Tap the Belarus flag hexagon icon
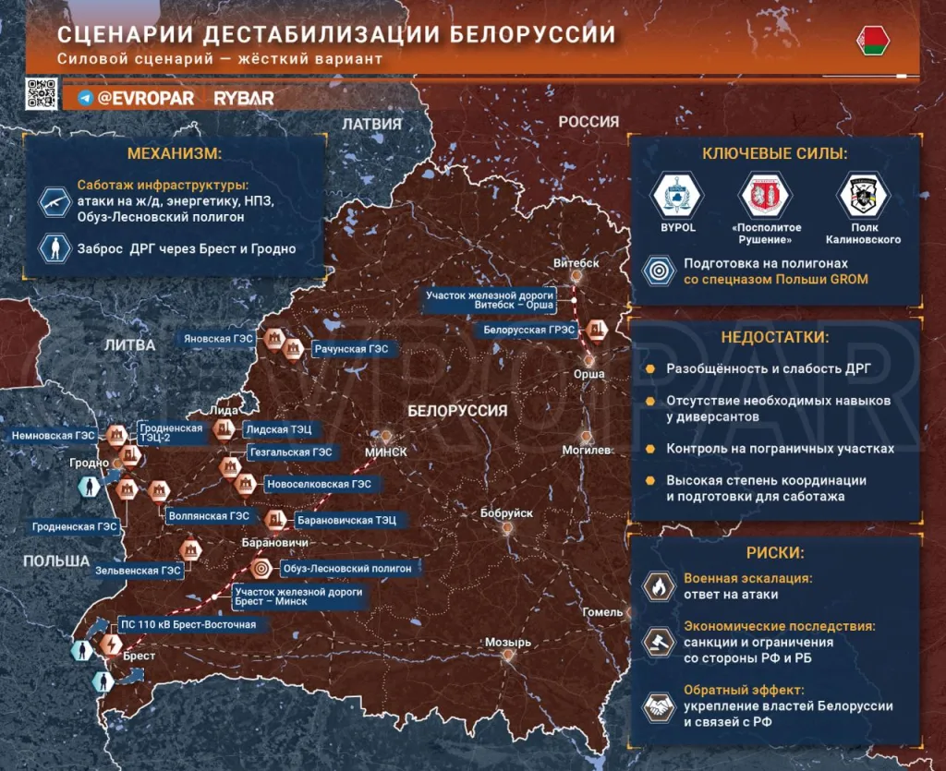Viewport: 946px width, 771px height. (873, 40)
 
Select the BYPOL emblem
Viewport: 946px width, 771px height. (677, 194)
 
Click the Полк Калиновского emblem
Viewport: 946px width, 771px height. (862, 194)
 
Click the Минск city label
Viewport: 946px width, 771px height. (385, 451)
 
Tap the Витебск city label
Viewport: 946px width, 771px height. (576, 263)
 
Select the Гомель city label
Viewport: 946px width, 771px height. (602, 612)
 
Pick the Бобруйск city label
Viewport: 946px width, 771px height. (507, 513)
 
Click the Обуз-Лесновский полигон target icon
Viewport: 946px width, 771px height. (261, 569)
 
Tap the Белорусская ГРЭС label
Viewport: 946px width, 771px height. (529, 330)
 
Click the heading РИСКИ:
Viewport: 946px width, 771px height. (774, 553)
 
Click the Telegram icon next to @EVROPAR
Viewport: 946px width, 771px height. (86, 97)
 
